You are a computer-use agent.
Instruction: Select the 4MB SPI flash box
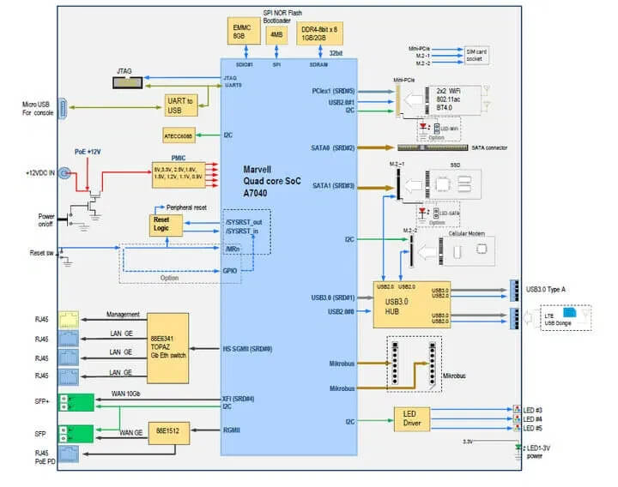[x=276, y=35]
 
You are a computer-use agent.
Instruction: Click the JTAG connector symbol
[x=128, y=81]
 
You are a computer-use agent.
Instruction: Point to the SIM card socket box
[x=476, y=54]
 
